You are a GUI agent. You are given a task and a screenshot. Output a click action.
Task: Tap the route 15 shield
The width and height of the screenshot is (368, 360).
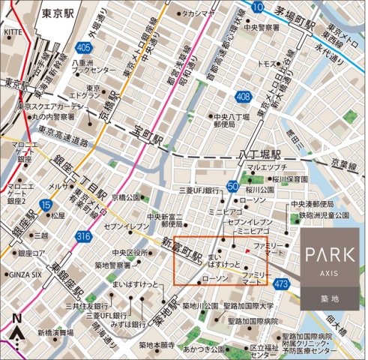(46, 204)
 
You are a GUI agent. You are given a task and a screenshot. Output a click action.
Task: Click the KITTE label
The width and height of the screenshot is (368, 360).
(13, 32)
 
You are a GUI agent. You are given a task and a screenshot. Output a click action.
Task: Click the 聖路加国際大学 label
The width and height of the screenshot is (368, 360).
(255, 306)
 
